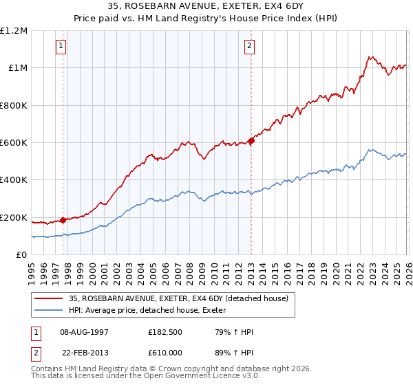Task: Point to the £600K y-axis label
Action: coord(14,143)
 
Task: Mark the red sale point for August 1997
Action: coord(63,220)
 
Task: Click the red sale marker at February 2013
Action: coord(252,141)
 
